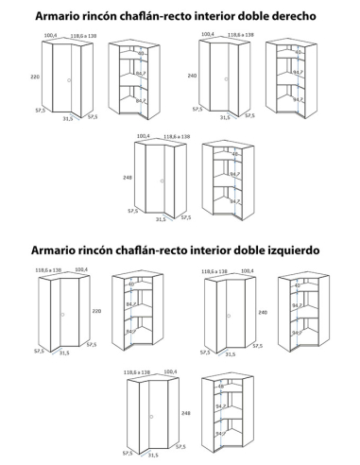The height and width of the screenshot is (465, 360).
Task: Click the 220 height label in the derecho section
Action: coord(34,76)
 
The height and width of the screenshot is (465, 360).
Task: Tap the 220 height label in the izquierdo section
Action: coord(95,310)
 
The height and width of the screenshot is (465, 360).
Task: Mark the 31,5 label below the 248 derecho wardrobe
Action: coord(162,219)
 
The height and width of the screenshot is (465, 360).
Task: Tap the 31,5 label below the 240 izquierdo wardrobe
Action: coord(231,353)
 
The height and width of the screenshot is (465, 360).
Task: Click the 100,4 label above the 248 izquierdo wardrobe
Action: coord(164,373)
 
